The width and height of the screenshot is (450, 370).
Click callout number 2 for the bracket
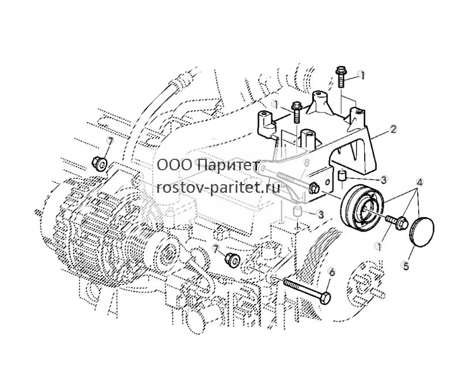pos(394,129)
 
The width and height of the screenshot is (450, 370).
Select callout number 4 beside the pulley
pos(420,182)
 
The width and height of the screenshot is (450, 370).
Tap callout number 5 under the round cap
pos(406,266)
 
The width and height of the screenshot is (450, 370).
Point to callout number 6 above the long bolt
pos(332,272)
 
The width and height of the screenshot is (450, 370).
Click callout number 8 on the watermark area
pos(306,163)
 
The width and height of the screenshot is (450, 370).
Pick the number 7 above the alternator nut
pos(110,141)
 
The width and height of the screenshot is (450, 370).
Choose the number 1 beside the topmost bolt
pos(362,75)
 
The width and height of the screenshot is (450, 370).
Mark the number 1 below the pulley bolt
pos(379,246)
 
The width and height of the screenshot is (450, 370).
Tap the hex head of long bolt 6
pos(324,298)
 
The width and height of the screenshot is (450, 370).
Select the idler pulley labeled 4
pos(362,207)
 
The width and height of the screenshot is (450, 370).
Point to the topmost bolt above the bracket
pos(341,76)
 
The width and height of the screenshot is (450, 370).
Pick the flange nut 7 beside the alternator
pos(99,163)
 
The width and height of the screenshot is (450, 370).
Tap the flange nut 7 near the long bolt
pos(232,260)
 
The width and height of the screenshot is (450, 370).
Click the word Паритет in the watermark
pos(229,165)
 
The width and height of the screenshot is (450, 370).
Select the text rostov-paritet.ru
pos(218,188)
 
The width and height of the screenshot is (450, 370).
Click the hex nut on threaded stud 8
pos(314,188)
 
